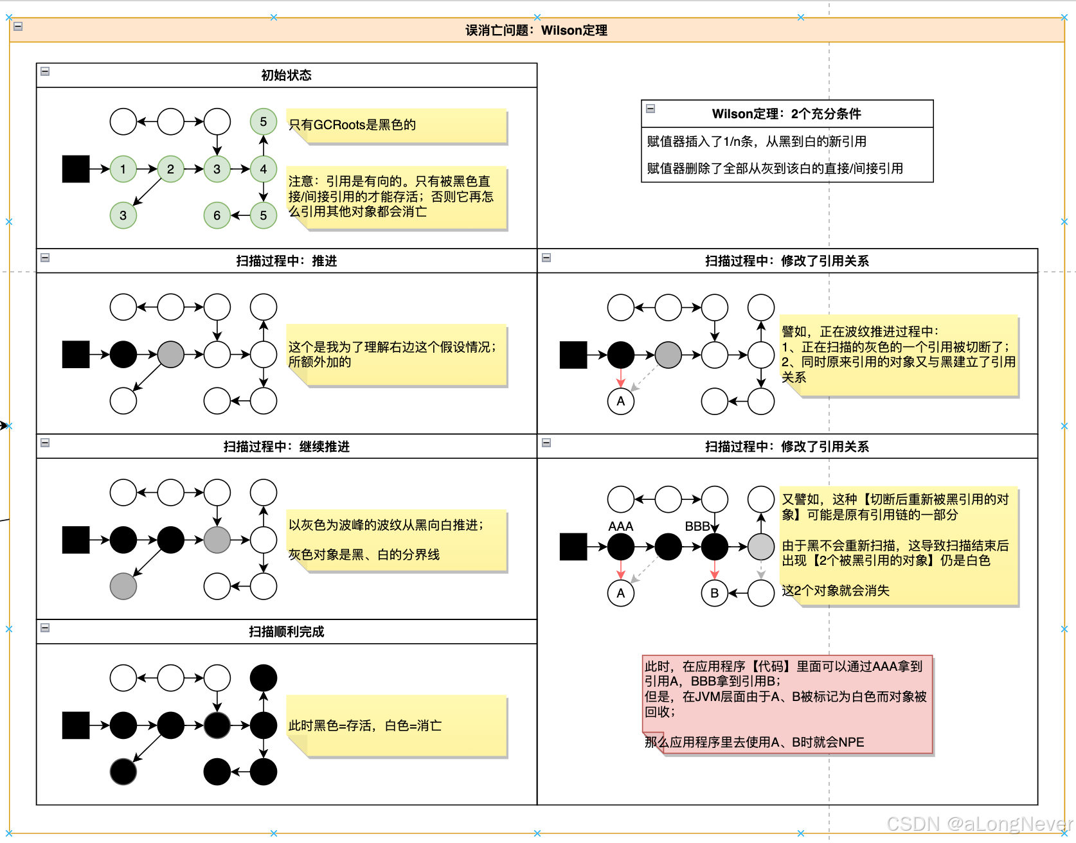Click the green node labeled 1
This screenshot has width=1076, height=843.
(123, 169)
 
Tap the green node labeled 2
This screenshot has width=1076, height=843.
(170, 169)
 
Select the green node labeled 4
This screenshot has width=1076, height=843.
(263, 169)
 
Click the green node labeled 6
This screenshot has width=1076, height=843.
(217, 215)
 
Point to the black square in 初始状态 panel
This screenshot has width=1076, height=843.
(76, 169)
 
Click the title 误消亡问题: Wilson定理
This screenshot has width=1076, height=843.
(536, 30)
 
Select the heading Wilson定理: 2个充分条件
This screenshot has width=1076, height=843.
(786, 114)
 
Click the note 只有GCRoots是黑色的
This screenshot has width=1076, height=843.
(396, 125)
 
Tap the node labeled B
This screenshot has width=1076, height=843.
(714, 592)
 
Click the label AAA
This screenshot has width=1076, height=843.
(620, 526)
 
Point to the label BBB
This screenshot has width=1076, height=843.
(697, 526)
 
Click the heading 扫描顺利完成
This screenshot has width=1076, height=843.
(286, 632)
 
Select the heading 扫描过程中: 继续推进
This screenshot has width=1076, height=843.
(286, 447)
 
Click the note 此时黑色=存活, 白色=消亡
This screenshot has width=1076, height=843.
(396, 726)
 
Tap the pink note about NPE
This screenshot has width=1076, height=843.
(787, 704)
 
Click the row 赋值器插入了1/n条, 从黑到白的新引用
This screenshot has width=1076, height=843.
(757, 141)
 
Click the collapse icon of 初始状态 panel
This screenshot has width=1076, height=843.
(45, 71)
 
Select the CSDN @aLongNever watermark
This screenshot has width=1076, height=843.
(978, 824)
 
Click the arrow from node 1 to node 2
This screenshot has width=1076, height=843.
(147, 169)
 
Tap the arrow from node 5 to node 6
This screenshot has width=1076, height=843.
(240, 215)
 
